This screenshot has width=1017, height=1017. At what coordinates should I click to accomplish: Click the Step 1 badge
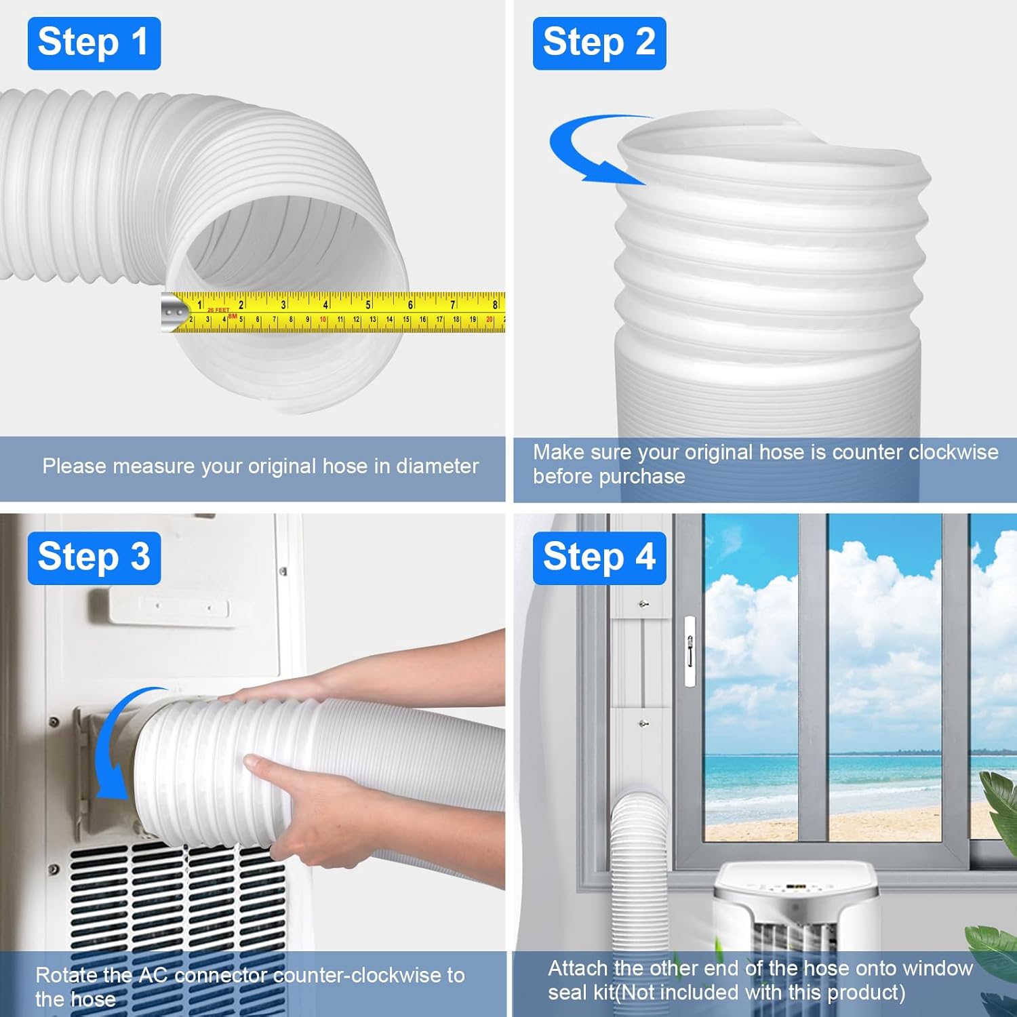click(x=94, y=43)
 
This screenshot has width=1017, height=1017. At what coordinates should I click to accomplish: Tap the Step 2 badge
click(x=599, y=43)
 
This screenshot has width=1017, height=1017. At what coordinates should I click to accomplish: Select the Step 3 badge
click(x=94, y=558)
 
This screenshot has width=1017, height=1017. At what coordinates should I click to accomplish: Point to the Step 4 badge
click(x=599, y=558)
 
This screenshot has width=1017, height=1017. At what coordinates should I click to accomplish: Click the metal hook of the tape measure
click(x=174, y=312)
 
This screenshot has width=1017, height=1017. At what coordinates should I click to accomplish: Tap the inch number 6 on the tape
click(x=410, y=304)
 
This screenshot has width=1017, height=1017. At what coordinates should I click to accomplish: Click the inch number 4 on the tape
click(x=325, y=304)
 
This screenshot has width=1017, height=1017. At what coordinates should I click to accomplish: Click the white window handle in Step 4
click(x=690, y=652)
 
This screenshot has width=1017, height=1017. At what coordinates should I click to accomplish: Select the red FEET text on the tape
click(x=219, y=310)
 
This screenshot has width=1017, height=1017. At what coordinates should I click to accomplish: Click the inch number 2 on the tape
click(x=241, y=304)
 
